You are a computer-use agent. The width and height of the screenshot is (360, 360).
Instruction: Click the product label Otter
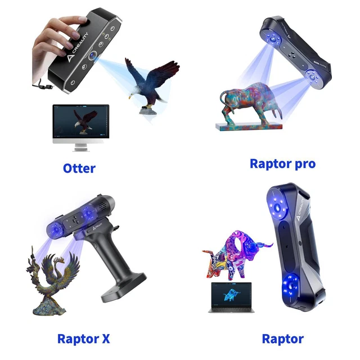[x=79, y=168]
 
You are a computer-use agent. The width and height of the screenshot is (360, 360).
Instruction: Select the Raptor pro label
[x=282, y=164]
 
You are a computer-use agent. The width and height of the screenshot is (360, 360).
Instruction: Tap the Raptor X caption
[x=83, y=339]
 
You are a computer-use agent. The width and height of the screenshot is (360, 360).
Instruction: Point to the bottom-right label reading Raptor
[x=282, y=339]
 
